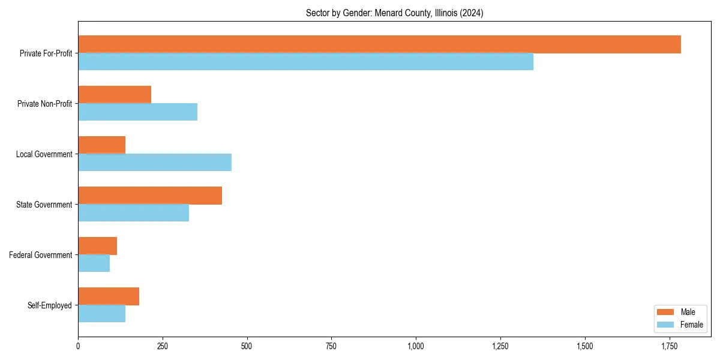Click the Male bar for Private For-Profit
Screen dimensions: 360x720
coord(379,44)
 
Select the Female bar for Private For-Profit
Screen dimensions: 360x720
coord(305,62)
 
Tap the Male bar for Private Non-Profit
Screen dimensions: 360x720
coord(115,95)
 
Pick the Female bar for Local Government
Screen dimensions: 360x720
coord(155,163)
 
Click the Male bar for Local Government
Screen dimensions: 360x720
coord(101,145)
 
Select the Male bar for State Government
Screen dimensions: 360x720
coord(150,196)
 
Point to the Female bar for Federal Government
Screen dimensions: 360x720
coord(94,263)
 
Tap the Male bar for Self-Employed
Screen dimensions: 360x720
coord(109,296)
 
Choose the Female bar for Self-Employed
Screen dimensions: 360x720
coord(101,314)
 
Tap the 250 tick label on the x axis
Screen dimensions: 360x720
coord(162,346)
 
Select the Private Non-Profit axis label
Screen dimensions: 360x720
coord(44,104)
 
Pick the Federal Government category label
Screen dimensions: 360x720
coord(41,255)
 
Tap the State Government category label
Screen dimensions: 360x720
coord(44,205)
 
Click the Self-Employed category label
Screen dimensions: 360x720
coord(50,305)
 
